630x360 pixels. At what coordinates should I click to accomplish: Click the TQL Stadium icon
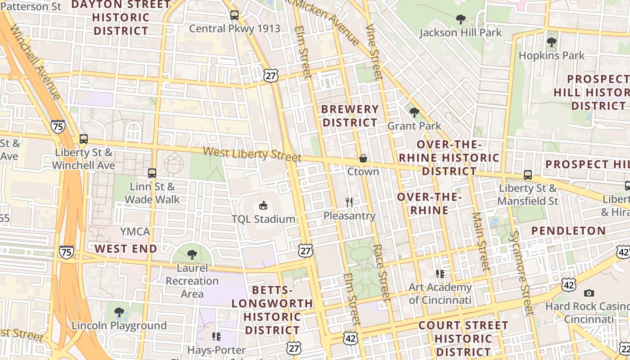point(263,206)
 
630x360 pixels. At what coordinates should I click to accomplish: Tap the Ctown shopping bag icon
point(363,158)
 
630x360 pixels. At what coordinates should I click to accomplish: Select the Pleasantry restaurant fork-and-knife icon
point(349,202)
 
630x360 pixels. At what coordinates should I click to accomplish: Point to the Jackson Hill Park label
point(460,33)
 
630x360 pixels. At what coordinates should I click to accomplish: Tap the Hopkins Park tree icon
point(551,43)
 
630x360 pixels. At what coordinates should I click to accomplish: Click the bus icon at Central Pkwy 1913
point(234,15)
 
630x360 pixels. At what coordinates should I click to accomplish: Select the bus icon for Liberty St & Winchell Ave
point(84,139)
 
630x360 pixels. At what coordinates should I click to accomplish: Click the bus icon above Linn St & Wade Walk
point(152,173)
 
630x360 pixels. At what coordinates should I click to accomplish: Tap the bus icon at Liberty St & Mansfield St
point(527,175)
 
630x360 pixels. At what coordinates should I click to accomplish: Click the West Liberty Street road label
point(252,154)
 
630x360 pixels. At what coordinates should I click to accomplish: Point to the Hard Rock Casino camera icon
point(589,293)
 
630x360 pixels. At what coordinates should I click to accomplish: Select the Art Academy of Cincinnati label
point(440,293)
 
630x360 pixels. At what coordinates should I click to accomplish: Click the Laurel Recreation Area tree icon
point(192,255)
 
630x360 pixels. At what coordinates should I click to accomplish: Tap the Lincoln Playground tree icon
point(119,312)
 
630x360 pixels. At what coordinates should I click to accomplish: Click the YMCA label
point(135,232)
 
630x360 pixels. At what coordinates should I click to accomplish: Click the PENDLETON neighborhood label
point(569,231)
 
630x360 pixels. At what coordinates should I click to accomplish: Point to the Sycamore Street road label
point(521,273)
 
